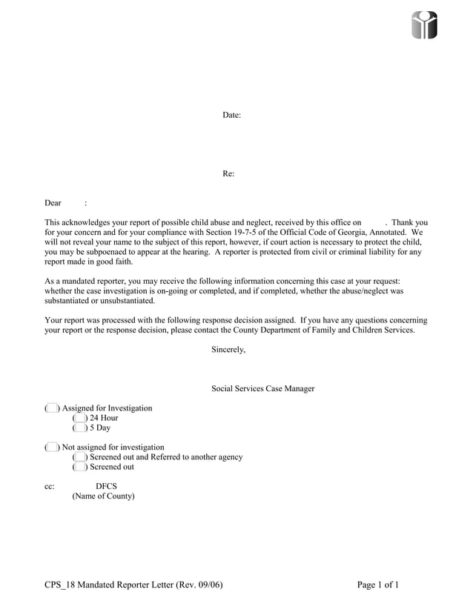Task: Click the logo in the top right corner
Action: [425, 25]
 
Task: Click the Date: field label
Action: [231, 115]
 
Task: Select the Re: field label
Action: [228, 173]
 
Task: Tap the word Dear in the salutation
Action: [53, 203]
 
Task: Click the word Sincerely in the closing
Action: [228, 349]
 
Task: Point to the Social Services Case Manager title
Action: [262, 389]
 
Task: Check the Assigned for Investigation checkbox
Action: [51, 408]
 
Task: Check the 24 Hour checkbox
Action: [79, 418]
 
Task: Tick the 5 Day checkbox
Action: [79, 428]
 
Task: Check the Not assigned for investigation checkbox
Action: [51, 448]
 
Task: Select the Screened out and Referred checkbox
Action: [79, 457]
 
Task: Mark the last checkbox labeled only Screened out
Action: [79, 468]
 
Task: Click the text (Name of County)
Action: [103, 496]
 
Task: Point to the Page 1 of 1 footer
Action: [377, 585]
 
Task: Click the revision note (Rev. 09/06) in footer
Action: [199, 585]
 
